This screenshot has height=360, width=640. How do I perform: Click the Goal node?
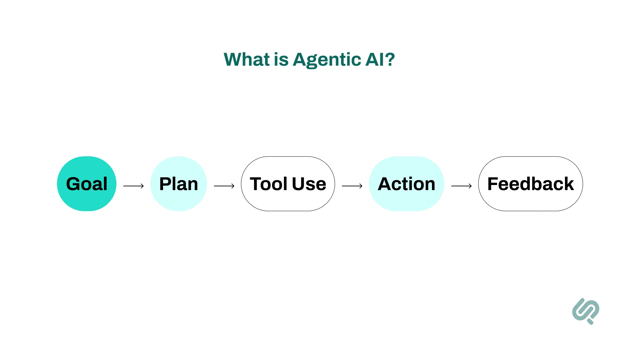click(87, 184)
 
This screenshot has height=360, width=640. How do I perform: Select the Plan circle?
click(179, 184)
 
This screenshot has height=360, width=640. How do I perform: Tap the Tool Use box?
click(288, 184)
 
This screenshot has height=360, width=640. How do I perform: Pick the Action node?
click(406, 184)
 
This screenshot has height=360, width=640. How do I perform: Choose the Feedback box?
click(530, 184)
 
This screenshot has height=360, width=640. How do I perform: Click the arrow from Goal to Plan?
click(133, 186)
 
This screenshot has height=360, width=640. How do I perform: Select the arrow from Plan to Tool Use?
click(224, 186)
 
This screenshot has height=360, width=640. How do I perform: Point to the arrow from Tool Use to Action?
click(352, 186)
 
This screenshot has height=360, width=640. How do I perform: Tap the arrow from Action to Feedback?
click(461, 186)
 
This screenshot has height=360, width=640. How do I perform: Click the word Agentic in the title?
click(327, 60)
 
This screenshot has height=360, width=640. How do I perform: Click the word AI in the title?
click(374, 60)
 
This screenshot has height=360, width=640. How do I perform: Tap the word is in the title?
click(281, 60)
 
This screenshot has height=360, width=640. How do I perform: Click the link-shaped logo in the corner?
click(586, 311)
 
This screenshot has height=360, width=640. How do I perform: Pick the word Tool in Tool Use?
click(269, 184)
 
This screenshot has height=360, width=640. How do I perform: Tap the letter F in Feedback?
click(493, 184)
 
